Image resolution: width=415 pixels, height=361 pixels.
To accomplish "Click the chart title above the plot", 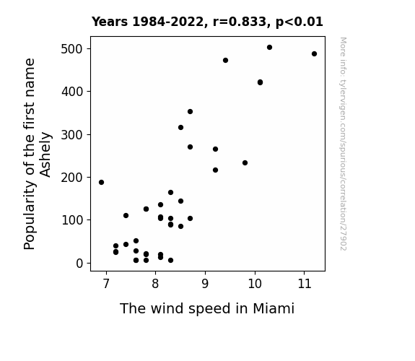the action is pyautogui.click(x=207, y=22).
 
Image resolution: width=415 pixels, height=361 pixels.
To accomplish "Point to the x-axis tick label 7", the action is pyautogui.click(x=106, y=284).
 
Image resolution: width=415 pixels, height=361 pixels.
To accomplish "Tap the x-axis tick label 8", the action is pyautogui.click(x=156, y=284).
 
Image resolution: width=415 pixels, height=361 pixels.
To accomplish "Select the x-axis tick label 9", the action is pyautogui.click(x=205, y=284).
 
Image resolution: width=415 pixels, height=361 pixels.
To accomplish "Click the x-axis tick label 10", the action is pyautogui.click(x=255, y=284).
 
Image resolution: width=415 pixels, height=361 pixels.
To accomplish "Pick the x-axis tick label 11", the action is pyautogui.click(x=304, y=284).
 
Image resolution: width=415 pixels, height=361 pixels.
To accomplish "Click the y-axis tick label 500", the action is pyautogui.click(x=72, y=49).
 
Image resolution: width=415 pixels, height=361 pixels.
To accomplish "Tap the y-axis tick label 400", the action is pyautogui.click(x=72, y=92).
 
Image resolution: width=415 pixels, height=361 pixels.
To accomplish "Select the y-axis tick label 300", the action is pyautogui.click(x=72, y=134).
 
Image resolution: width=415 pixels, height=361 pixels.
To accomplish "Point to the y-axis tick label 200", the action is pyautogui.click(x=72, y=177).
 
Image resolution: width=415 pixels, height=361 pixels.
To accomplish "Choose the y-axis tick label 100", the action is pyautogui.click(x=72, y=220).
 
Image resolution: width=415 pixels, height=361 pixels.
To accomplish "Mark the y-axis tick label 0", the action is pyautogui.click(x=79, y=264).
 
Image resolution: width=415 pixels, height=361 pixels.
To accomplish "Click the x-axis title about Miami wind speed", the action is pyautogui.click(x=207, y=308).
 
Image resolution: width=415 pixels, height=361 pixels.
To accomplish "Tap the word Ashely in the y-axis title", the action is pyautogui.click(x=45, y=155).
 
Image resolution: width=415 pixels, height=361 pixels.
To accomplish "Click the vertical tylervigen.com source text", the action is pyautogui.click(x=344, y=144).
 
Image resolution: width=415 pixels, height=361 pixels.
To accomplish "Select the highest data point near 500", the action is pyautogui.click(x=269, y=48).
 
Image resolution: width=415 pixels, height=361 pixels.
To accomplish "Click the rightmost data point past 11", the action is pyautogui.click(x=314, y=53).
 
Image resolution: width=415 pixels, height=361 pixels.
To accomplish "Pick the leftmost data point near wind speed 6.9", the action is pyautogui.click(x=101, y=182).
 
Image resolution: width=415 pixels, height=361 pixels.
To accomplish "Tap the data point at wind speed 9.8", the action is pyautogui.click(x=245, y=162).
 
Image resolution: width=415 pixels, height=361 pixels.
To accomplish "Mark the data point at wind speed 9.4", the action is pyautogui.click(x=225, y=61).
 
